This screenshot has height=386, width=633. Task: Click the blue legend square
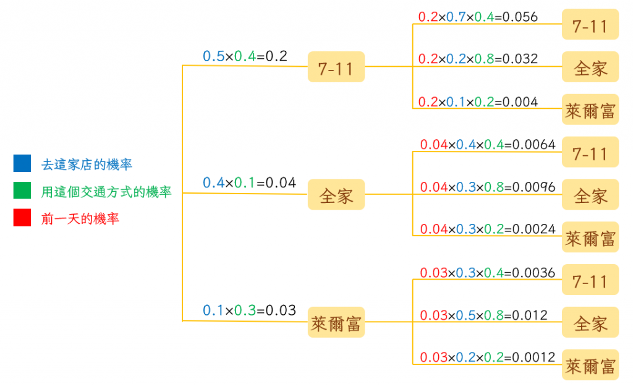(x=22, y=164)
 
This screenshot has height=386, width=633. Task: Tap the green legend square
(x=22, y=191)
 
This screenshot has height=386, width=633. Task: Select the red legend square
(x=22, y=218)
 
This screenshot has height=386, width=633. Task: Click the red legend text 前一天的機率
(x=80, y=218)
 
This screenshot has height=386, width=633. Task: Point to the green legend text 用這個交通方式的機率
(x=106, y=192)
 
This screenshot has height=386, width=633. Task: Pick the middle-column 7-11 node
(x=336, y=67)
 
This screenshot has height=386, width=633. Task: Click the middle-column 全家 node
(x=336, y=195)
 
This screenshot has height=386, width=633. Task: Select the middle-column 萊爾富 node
(x=336, y=323)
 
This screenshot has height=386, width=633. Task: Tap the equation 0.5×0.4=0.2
(x=245, y=56)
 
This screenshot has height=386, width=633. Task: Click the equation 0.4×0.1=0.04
(x=249, y=183)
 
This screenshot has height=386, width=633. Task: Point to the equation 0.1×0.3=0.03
(x=249, y=311)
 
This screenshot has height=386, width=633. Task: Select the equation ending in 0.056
(x=478, y=17)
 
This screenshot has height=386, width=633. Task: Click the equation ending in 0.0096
(x=488, y=187)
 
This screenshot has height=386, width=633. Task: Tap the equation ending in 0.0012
(x=488, y=358)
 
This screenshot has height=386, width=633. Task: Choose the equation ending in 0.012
(x=483, y=315)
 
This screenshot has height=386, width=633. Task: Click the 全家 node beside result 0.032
(x=590, y=67)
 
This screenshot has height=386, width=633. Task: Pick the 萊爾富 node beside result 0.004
(x=590, y=110)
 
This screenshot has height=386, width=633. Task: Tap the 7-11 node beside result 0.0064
(x=590, y=153)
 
